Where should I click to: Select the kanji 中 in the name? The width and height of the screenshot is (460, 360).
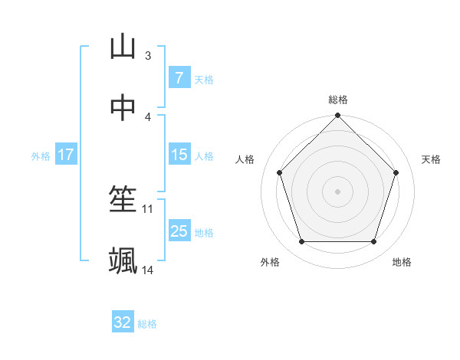(x=123, y=108)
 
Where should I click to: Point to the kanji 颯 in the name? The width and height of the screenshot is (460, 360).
(x=123, y=261)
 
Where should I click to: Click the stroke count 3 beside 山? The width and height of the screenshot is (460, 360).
(x=147, y=55)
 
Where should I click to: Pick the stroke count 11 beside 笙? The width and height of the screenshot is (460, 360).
(x=148, y=208)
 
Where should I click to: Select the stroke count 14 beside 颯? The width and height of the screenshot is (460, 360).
(x=148, y=270)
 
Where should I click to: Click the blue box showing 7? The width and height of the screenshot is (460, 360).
(x=179, y=77)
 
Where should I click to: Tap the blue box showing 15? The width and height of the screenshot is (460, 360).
(x=179, y=155)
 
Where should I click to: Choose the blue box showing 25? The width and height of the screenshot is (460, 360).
(x=179, y=231)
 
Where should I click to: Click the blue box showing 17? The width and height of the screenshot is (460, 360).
(x=65, y=155)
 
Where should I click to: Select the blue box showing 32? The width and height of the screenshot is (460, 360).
(x=123, y=322)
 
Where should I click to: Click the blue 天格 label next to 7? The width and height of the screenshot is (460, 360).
(x=204, y=79)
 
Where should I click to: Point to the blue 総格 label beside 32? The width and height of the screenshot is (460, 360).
(x=147, y=324)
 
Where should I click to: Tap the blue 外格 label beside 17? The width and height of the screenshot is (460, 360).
(x=41, y=155)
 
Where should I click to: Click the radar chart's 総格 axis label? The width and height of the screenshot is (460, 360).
(x=338, y=100)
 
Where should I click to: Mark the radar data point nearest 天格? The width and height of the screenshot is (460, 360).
(x=396, y=172)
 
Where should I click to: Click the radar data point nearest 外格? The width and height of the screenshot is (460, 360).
(x=301, y=242)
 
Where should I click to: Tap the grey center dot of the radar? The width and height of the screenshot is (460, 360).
(x=337, y=191)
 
